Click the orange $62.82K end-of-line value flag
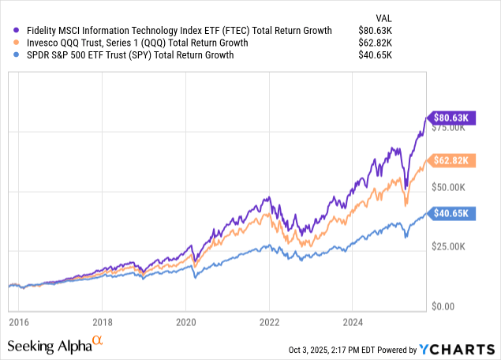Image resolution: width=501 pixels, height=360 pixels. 451,161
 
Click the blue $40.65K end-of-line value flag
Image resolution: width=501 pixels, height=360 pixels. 451,213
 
